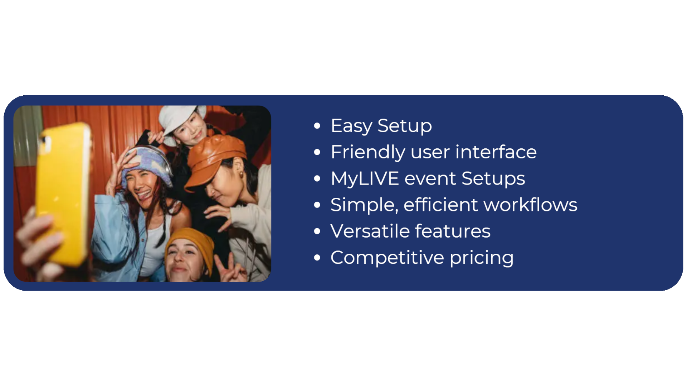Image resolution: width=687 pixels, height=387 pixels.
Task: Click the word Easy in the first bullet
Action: coord(352,126)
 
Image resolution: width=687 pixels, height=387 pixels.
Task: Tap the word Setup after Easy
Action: coord(405,126)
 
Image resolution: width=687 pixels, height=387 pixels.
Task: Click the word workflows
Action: coord(530,205)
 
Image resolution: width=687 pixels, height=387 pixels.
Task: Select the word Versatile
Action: coord(370,231)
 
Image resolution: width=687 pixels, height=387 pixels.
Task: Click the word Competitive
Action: coord(387,258)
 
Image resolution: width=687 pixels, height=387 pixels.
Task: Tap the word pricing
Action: coord(482,258)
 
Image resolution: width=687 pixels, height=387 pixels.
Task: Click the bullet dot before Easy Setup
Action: coord(317,126)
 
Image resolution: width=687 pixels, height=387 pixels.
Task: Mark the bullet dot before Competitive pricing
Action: coord(317,258)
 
